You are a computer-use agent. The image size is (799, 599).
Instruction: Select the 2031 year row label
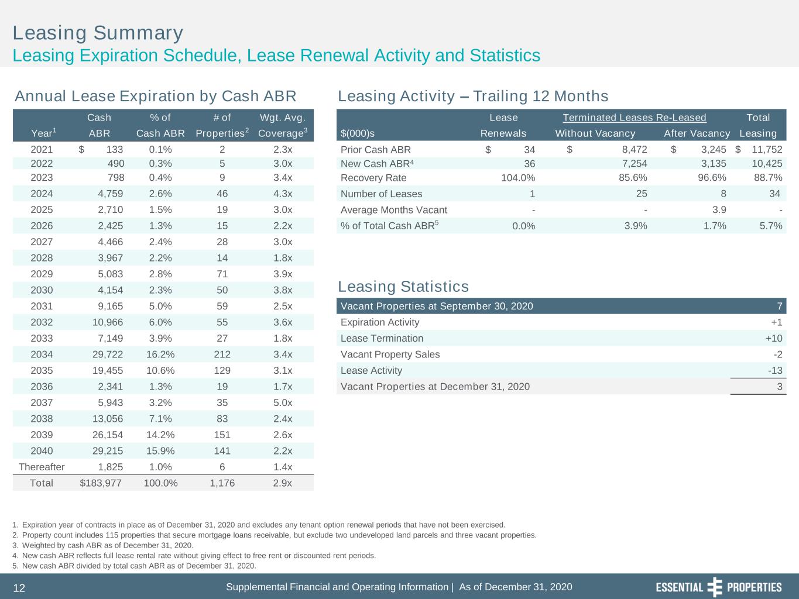point(42,307)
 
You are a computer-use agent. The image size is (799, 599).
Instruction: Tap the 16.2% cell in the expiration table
point(160,354)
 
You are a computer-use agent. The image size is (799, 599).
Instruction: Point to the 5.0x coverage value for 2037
point(283,402)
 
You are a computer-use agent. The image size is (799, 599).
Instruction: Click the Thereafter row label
point(42,467)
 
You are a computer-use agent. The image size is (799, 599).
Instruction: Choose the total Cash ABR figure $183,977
point(101,483)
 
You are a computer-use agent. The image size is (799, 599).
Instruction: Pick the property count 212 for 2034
point(222,354)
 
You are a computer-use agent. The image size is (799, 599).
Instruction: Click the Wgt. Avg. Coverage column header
point(283,125)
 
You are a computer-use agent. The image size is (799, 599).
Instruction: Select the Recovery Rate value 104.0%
point(518,178)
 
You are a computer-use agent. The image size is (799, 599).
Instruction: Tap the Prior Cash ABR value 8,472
point(635,150)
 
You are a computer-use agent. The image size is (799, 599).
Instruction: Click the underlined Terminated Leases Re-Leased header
point(635,118)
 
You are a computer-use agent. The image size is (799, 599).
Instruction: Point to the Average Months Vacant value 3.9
point(719,210)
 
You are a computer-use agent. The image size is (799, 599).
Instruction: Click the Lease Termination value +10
point(773,338)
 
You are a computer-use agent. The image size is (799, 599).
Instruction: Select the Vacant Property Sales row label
point(390,354)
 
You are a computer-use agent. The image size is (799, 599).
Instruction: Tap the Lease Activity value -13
point(775,370)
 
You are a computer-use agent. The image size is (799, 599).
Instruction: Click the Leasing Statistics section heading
point(403,287)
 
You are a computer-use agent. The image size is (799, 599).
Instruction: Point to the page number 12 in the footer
point(19,588)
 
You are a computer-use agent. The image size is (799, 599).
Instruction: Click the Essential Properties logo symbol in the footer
point(715,587)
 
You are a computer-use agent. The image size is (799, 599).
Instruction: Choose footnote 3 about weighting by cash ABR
point(102,545)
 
